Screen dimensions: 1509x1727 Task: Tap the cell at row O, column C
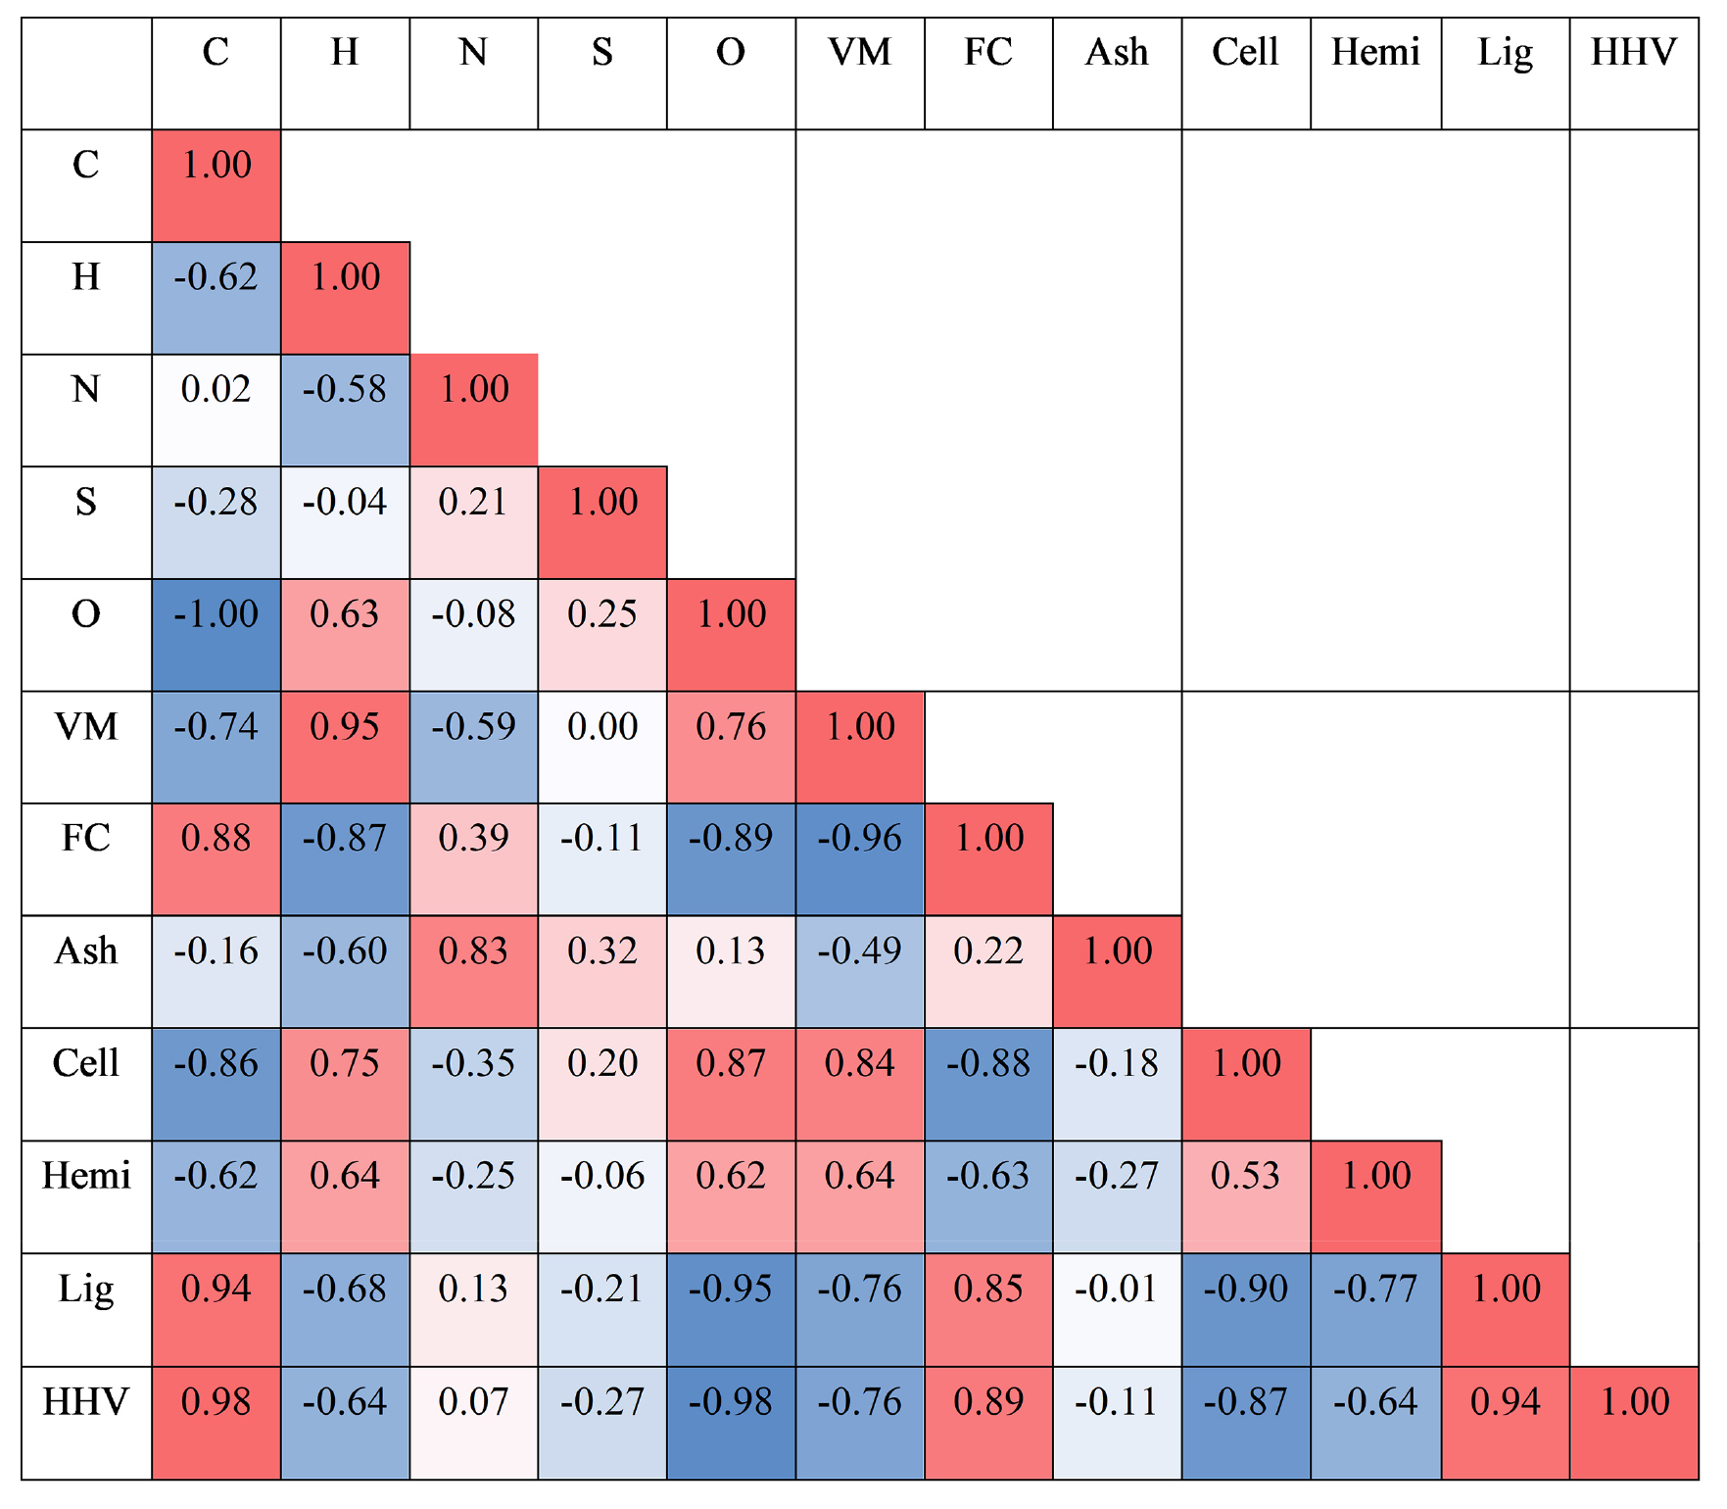pyautogui.click(x=216, y=635)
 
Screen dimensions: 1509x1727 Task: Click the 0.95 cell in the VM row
pyautogui.click(x=345, y=747)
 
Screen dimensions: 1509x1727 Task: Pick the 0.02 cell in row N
pyautogui.click(x=216, y=410)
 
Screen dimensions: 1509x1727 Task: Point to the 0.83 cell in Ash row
pyautogui.click(x=473, y=971)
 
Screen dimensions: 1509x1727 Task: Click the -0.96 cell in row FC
pyautogui.click(x=860, y=859)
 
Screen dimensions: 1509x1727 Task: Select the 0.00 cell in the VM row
pyautogui.click(x=602, y=747)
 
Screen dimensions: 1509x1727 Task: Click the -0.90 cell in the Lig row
pyautogui.click(x=1246, y=1309)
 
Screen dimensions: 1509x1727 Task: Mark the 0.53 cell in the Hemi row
pyautogui.click(x=1246, y=1196)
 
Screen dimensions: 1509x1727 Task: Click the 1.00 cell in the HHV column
pyautogui.click(x=1634, y=1422)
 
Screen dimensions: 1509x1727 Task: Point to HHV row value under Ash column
pyautogui.click(x=1117, y=1422)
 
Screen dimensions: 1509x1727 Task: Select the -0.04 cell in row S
pyautogui.click(x=345, y=522)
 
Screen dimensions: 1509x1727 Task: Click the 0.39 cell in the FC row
pyautogui.click(x=473, y=859)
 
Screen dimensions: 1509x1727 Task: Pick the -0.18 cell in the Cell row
pyautogui.click(x=1117, y=1084)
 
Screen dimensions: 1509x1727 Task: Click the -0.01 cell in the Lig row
pyautogui.click(x=1117, y=1309)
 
